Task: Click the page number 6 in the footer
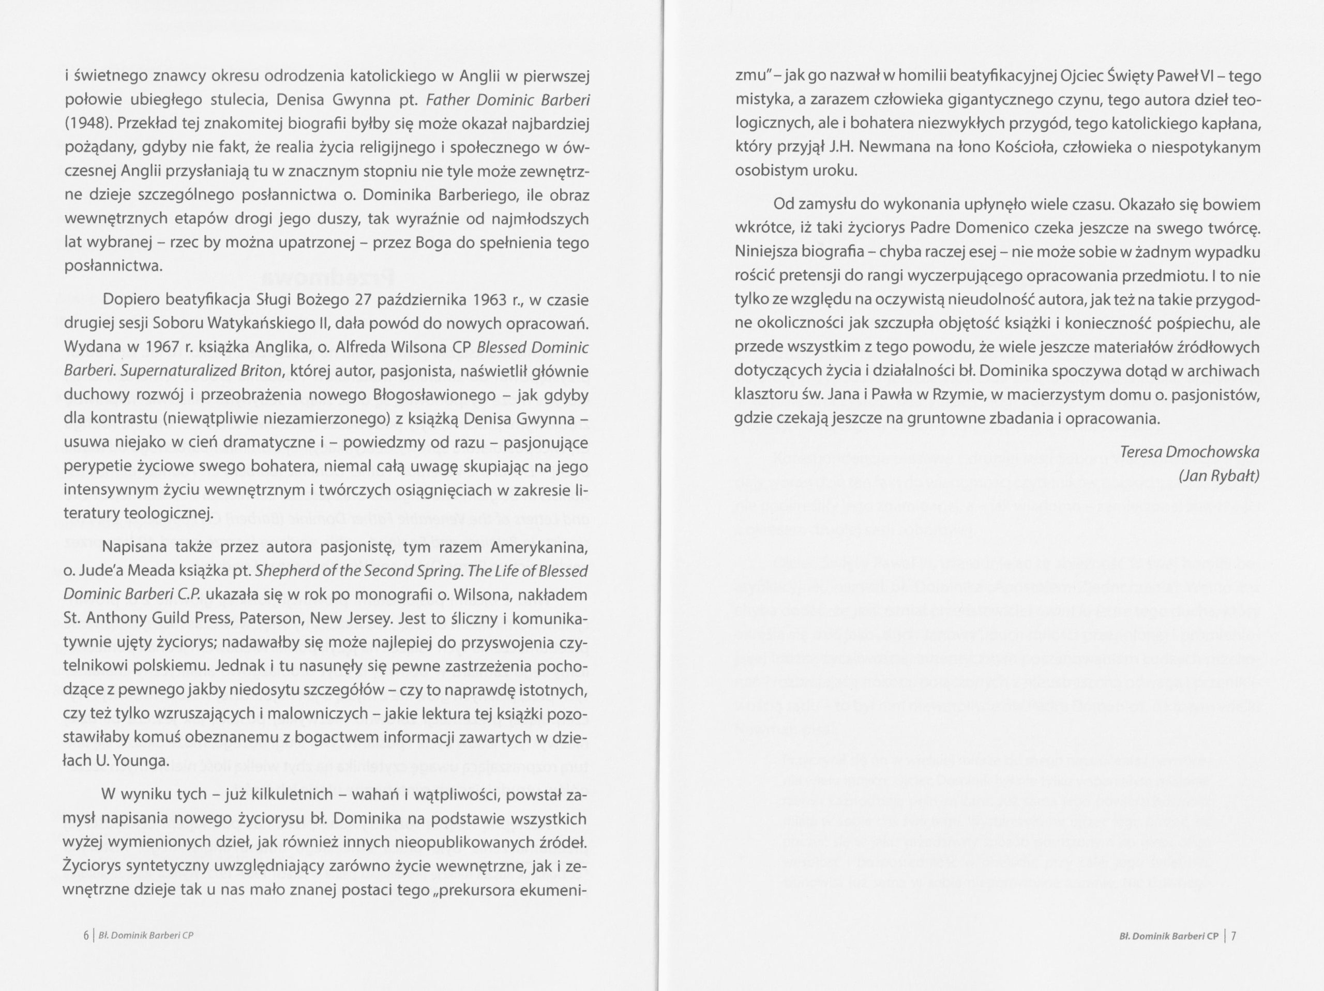pyautogui.click(x=86, y=935)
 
